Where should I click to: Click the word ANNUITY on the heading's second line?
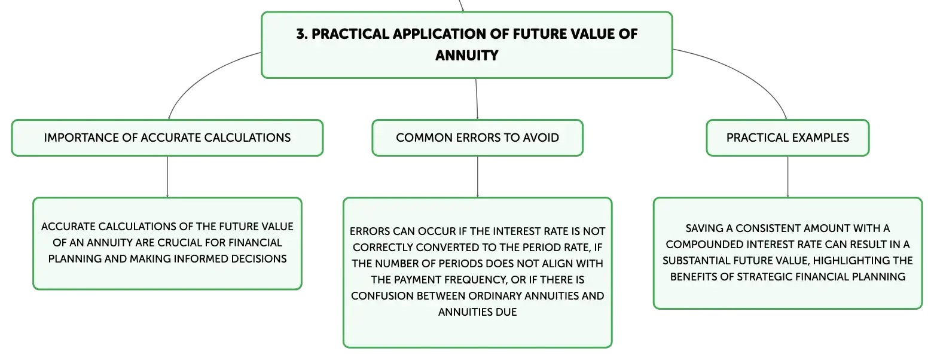point(467,56)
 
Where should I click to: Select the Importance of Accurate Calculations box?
point(167,138)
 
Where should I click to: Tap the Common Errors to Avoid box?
point(477,138)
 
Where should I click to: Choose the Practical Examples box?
point(788,138)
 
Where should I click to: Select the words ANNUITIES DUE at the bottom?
point(477,312)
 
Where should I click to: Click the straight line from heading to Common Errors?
point(477,99)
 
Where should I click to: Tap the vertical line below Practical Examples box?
point(788,177)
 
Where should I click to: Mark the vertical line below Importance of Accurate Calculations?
point(167,177)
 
